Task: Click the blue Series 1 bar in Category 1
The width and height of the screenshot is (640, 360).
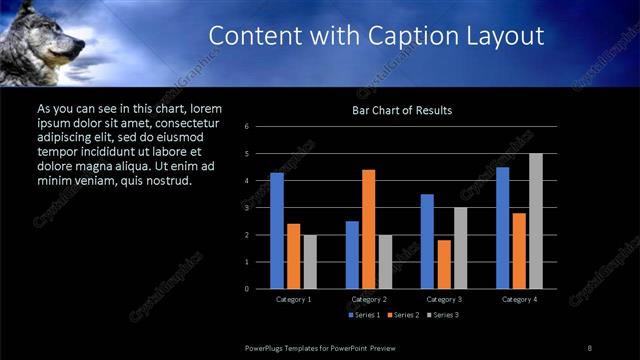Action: click(x=277, y=231)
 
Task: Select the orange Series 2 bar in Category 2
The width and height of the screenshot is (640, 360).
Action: click(x=368, y=229)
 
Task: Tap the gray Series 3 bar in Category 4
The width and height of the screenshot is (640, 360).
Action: click(x=536, y=221)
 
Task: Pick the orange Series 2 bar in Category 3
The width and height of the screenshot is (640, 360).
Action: click(x=443, y=264)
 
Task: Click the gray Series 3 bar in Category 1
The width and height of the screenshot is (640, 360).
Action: click(x=310, y=262)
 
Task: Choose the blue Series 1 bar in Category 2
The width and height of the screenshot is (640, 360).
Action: click(x=352, y=255)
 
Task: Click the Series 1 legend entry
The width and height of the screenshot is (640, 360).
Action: click(x=363, y=315)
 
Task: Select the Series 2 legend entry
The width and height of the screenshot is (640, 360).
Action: click(x=404, y=315)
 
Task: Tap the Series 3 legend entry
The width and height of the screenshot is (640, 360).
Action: click(x=444, y=315)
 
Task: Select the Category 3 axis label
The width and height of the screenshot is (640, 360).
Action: click(x=444, y=299)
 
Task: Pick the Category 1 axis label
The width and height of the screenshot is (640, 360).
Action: click(x=294, y=299)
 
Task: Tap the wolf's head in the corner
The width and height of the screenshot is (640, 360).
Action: click(x=45, y=40)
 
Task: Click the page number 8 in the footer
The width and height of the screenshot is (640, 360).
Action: click(x=590, y=347)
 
